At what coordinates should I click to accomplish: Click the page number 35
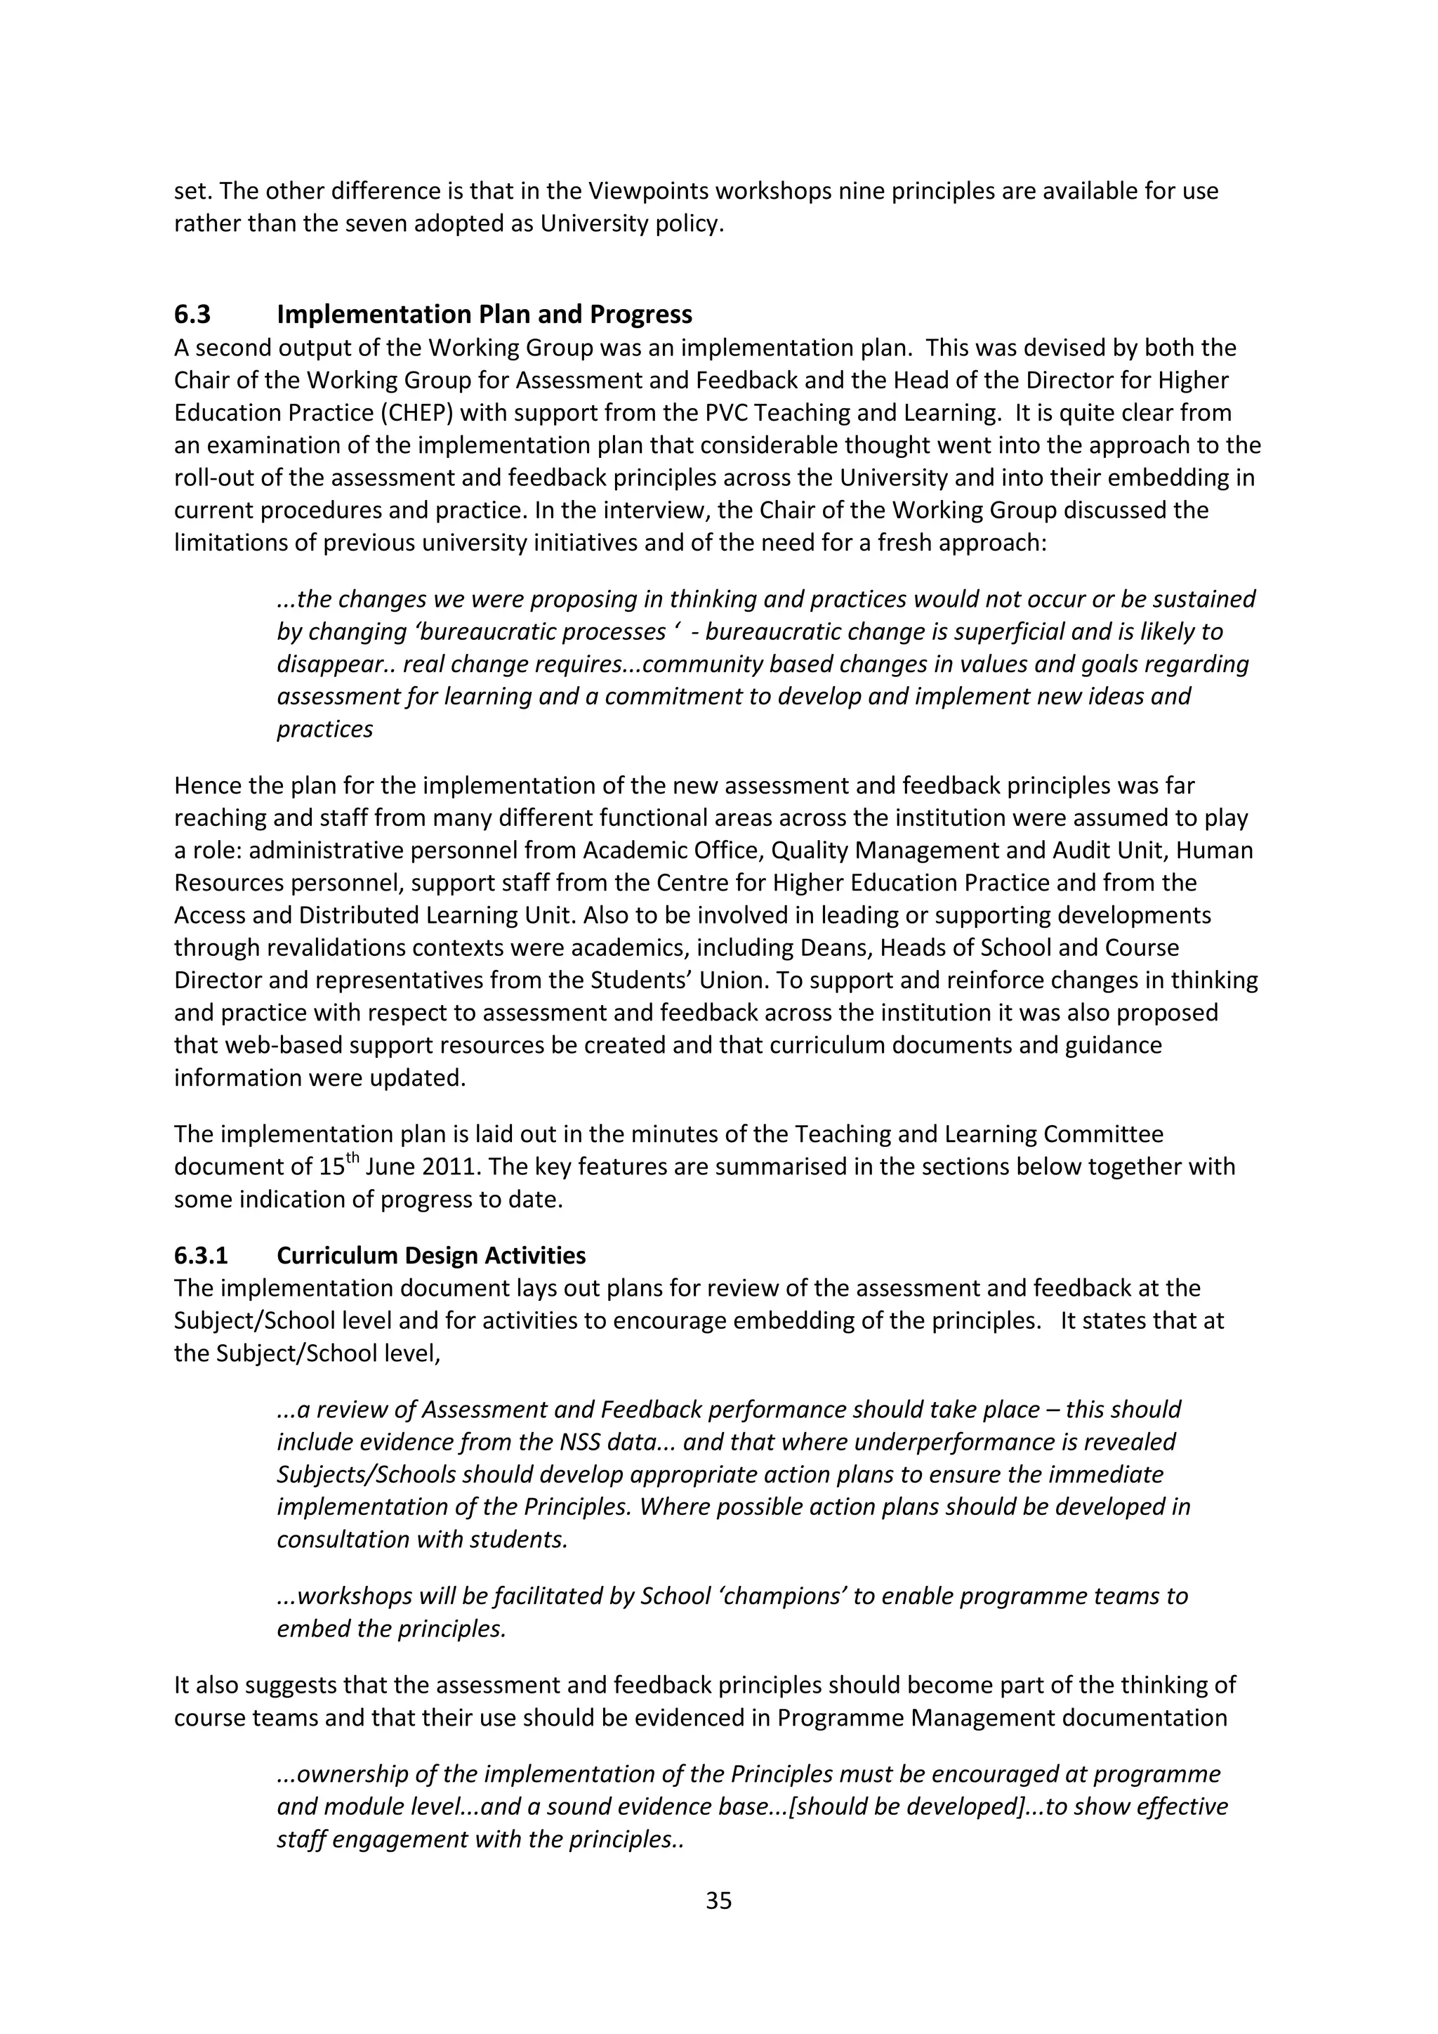coord(718,1901)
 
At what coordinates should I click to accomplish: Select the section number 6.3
coord(192,315)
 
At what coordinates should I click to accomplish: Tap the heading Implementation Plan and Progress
coord(484,315)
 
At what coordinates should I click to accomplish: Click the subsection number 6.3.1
coord(201,1255)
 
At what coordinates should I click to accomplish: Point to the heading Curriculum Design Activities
coord(431,1255)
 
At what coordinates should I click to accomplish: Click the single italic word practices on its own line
coord(325,729)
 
